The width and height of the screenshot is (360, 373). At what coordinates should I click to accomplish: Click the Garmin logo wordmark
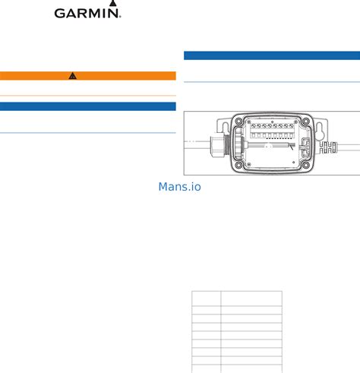tap(87, 13)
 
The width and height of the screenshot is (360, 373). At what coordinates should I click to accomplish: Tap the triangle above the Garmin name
tap(113, 3)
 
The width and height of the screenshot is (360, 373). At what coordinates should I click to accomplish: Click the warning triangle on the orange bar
tap(73, 76)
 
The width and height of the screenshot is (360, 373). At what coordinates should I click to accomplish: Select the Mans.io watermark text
tap(180, 187)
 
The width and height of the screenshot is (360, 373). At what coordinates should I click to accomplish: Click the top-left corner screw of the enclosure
tap(238, 122)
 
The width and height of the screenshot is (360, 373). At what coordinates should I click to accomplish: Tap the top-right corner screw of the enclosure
tap(305, 121)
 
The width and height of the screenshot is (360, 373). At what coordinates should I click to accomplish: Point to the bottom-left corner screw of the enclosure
tap(238, 166)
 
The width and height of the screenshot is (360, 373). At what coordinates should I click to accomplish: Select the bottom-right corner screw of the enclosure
tap(305, 166)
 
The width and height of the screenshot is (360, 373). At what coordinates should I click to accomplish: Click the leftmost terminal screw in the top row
tap(253, 125)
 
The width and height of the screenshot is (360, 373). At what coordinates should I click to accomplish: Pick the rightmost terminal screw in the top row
tap(292, 125)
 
